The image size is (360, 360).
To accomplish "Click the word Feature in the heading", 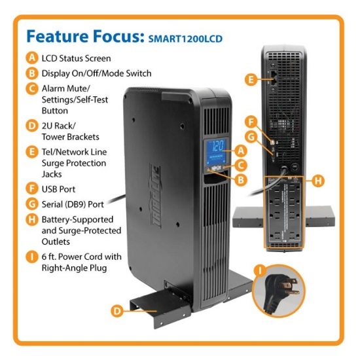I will pyautogui.click(x=60, y=37).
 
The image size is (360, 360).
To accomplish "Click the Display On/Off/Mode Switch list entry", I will pyautogui.click(x=96, y=73).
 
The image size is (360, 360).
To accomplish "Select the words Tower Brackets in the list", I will pyautogui.click(x=70, y=137).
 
